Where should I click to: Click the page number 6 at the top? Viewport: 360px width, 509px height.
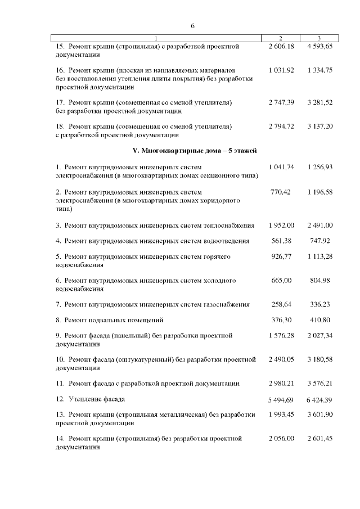coord(192,26)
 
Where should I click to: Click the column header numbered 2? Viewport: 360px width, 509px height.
coord(281,38)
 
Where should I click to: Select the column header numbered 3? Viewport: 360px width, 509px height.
coord(319,38)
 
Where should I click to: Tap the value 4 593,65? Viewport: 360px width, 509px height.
coord(320,47)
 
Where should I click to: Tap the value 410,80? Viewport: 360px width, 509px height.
coord(320,320)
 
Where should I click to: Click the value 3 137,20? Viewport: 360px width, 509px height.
coord(320,126)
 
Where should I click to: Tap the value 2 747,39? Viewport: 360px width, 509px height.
coord(281,102)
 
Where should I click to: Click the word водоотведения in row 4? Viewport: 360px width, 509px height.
coord(229,241)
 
